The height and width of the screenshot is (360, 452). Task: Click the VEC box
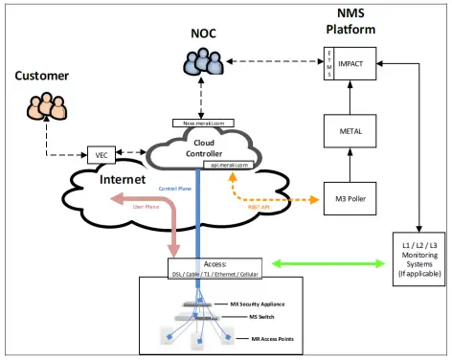pyautogui.click(x=100, y=155)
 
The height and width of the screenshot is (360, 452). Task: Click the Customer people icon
pyautogui.click(x=48, y=105)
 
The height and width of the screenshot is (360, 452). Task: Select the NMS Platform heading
pyautogui.click(x=350, y=20)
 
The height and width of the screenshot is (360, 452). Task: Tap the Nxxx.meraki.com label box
pyautogui.click(x=202, y=123)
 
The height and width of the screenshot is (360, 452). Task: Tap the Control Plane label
pyautogui.click(x=175, y=189)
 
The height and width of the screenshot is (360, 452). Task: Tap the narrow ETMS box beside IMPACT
pyautogui.click(x=328, y=63)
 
